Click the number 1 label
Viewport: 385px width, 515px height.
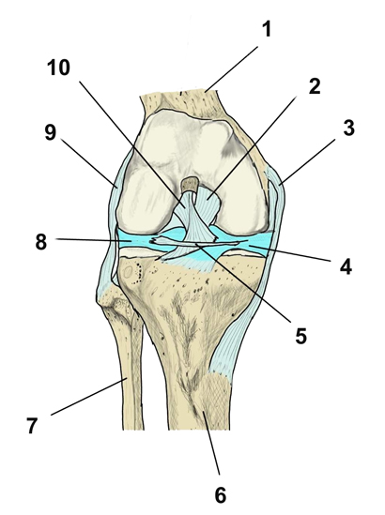[268, 29]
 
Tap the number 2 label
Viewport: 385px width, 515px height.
[314, 86]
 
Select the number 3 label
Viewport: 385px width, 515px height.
[348, 128]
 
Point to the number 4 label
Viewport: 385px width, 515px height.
[346, 266]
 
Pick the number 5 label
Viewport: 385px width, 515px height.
[300, 336]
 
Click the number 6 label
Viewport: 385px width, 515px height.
[221, 495]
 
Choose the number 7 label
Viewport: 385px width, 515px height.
[32, 425]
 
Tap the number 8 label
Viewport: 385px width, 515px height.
[41, 242]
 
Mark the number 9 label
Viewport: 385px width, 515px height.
[51, 132]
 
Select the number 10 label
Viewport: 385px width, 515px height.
[58, 68]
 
